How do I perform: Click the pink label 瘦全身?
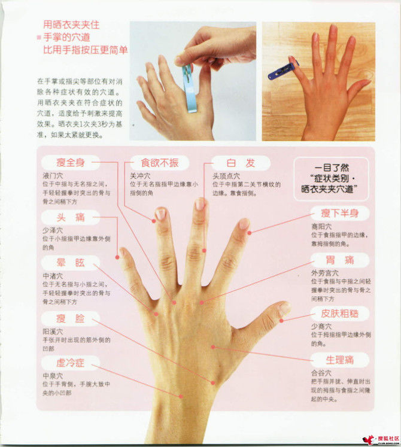pos(71,162)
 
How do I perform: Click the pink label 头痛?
pos(71,218)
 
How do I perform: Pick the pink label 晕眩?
pos(71,263)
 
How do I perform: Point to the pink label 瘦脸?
pos(71,318)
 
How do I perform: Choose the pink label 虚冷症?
pos(71,363)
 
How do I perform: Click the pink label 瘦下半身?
pos(339,212)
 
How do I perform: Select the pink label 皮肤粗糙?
pos(339,314)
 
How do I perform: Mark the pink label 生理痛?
pos(339,359)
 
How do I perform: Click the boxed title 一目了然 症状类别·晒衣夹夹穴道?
pos(330,178)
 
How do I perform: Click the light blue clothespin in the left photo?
pos(190,90)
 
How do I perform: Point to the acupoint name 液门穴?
pos(51,177)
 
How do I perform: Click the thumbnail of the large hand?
pos(284,309)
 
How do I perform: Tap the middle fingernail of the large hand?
pos(200,204)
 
